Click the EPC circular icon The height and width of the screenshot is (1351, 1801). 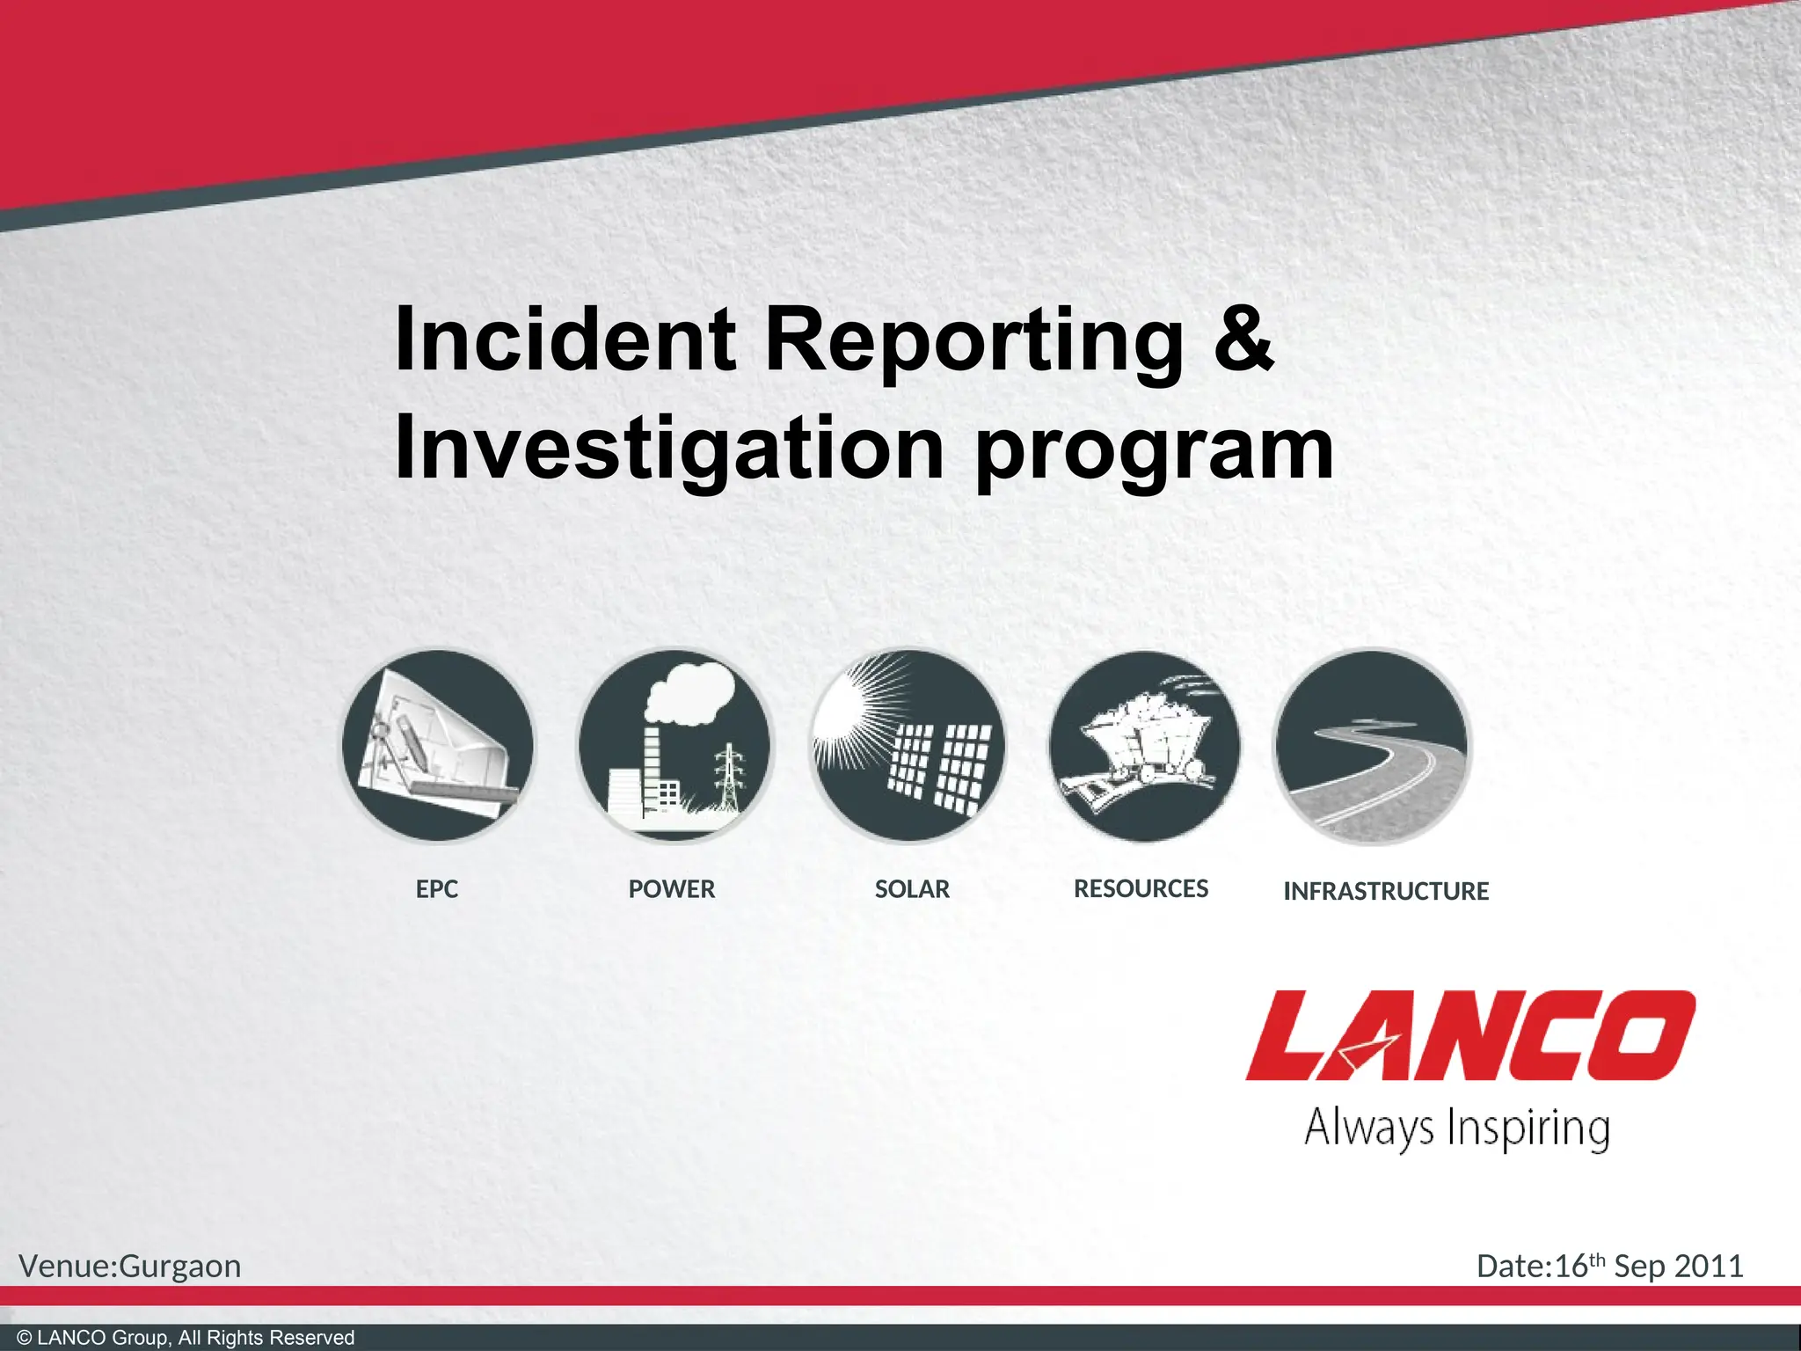(x=437, y=746)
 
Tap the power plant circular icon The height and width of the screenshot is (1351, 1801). (x=674, y=746)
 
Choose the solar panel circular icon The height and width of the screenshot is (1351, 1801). (x=908, y=746)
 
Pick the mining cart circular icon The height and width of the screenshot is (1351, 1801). (x=1143, y=746)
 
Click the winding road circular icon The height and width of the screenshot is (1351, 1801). (x=1371, y=746)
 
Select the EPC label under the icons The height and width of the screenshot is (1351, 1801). (x=437, y=889)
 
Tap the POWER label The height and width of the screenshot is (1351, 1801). (x=671, y=889)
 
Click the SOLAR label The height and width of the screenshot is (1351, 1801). (x=912, y=889)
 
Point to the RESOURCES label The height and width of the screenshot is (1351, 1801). (x=1141, y=889)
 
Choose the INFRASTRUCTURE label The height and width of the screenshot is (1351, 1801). (x=1386, y=892)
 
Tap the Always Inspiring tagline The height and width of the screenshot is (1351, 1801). (x=1457, y=1128)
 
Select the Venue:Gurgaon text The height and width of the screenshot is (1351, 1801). (x=130, y=1267)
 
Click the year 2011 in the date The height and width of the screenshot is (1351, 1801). (x=1709, y=1267)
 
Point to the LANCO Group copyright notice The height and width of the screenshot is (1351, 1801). (x=186, y=1338)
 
